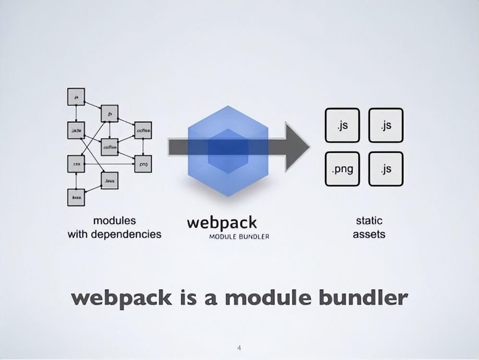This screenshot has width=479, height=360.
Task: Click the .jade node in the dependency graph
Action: point(76,130)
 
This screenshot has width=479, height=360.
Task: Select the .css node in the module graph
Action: point(76,164)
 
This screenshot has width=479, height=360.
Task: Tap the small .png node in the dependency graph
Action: point(143,164)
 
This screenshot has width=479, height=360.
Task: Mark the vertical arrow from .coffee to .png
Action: point(143,147)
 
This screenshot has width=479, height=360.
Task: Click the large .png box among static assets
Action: point(342,169)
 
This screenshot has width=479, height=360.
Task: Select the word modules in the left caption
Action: point(114,221)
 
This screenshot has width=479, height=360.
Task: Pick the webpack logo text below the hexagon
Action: point(222,223)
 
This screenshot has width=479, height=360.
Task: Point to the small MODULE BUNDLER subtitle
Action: point(239,237)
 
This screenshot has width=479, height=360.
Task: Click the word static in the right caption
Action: point(369,221)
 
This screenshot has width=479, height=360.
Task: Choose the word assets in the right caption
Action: point(369,235)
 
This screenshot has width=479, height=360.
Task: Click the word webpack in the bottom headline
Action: point(121,298)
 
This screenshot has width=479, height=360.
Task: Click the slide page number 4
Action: point(239,346)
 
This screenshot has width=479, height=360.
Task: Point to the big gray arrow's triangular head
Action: point(298,146)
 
